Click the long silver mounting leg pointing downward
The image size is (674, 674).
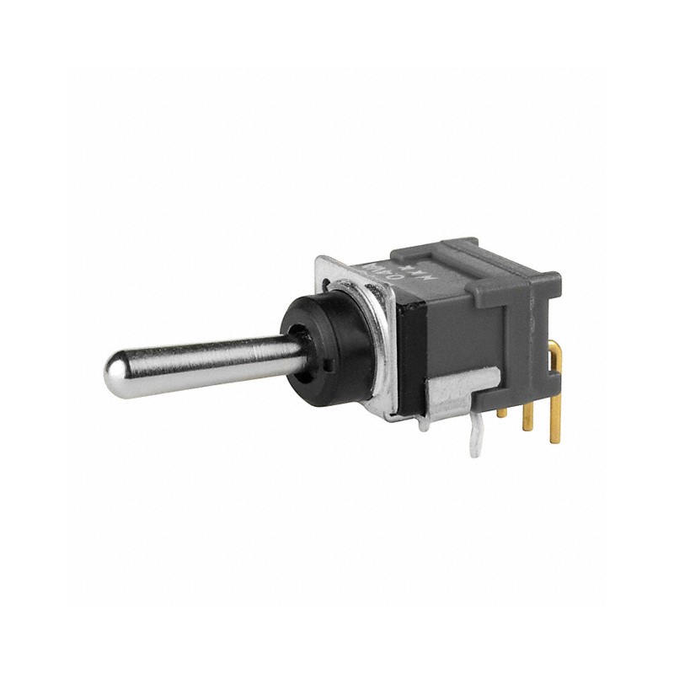[x=477, y=438]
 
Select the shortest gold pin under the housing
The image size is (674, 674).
[x=502, y=411]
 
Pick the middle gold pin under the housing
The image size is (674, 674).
[x=528, y=417]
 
